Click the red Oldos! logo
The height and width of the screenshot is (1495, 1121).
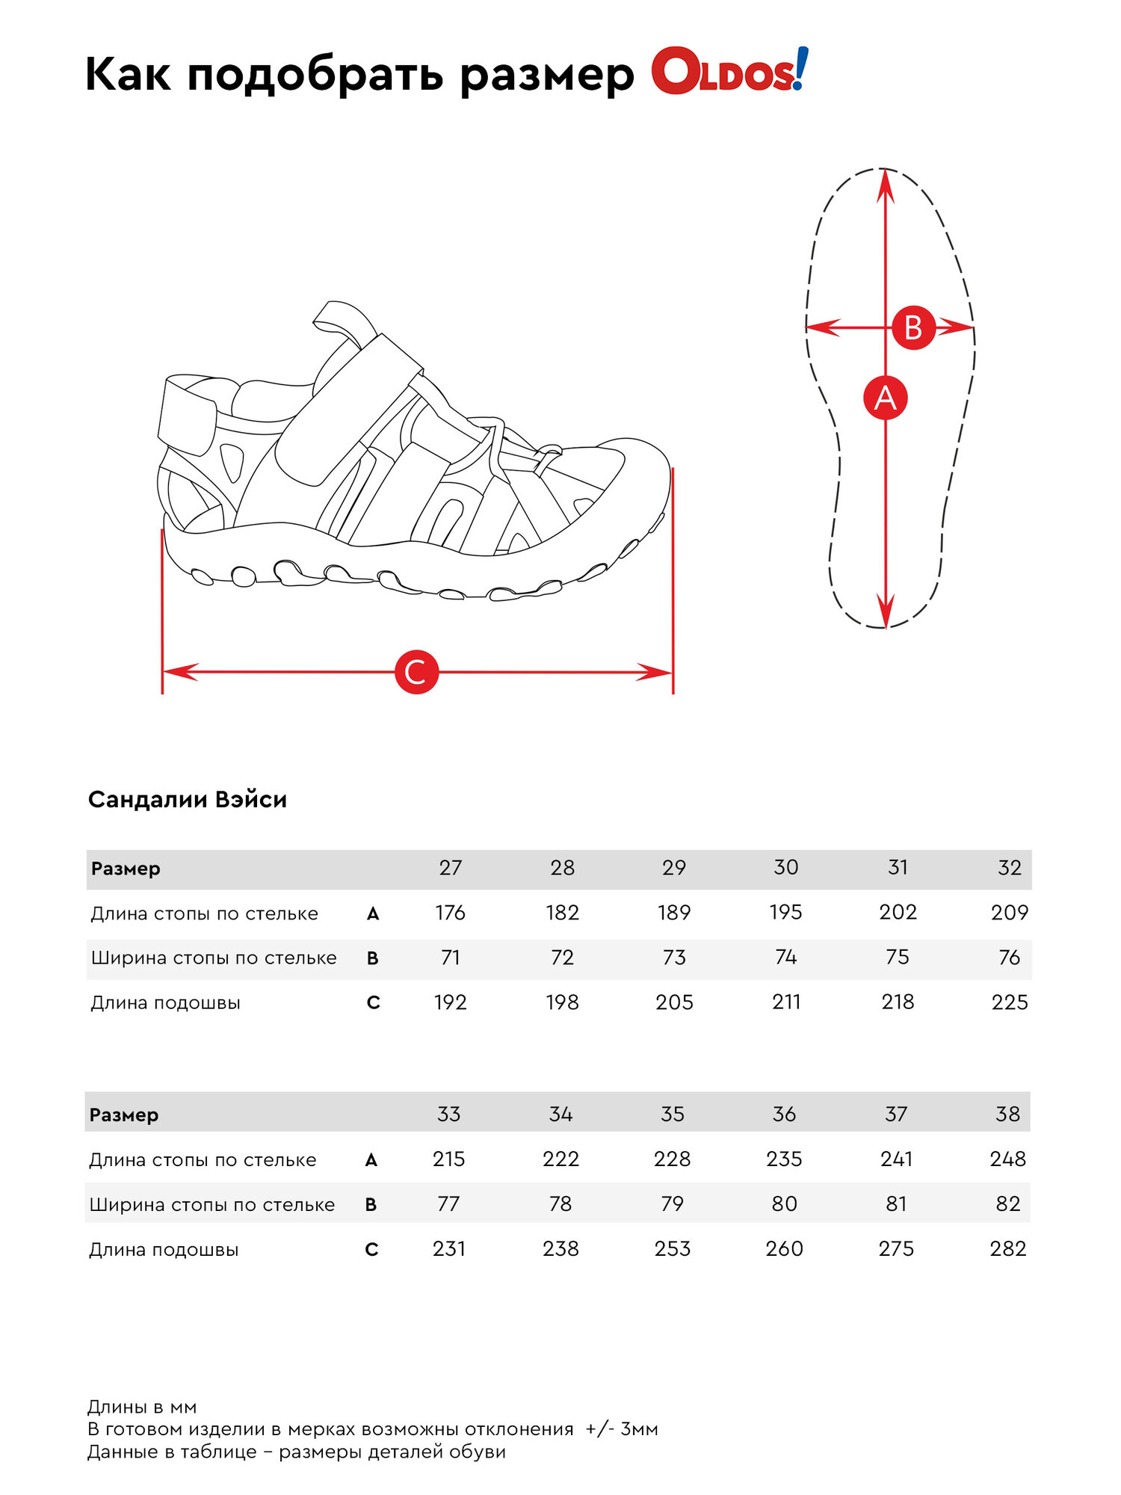[729, 73]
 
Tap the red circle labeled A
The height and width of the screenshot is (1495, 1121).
[885, 398]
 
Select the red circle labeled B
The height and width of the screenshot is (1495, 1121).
[913, 327]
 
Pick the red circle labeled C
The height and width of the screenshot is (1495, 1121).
[416, 672]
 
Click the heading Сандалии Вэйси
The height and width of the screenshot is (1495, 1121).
[188, 799]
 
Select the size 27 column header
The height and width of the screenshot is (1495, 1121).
[450, 868]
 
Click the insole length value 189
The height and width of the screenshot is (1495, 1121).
[674, 913]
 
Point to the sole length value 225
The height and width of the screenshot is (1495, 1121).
[1009, 1002]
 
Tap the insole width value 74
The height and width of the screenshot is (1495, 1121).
[785, 958]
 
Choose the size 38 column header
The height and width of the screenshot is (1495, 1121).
[1007, 1115]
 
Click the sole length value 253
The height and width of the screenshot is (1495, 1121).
[673, 1249]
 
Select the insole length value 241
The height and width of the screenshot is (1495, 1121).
[896, 1159]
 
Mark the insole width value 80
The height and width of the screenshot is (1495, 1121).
[784, 1204]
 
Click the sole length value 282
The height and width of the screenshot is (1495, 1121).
[1007, 1249]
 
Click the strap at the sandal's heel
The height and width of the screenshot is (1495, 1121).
[187, 415]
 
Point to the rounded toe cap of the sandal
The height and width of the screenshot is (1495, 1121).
[635, 478]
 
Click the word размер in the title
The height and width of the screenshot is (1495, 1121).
[547, 75]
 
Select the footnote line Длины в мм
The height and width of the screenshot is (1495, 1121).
[142, 1407]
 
